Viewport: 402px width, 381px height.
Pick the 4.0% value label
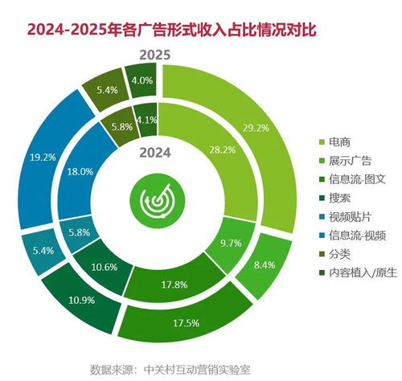[x=142, y=80]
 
